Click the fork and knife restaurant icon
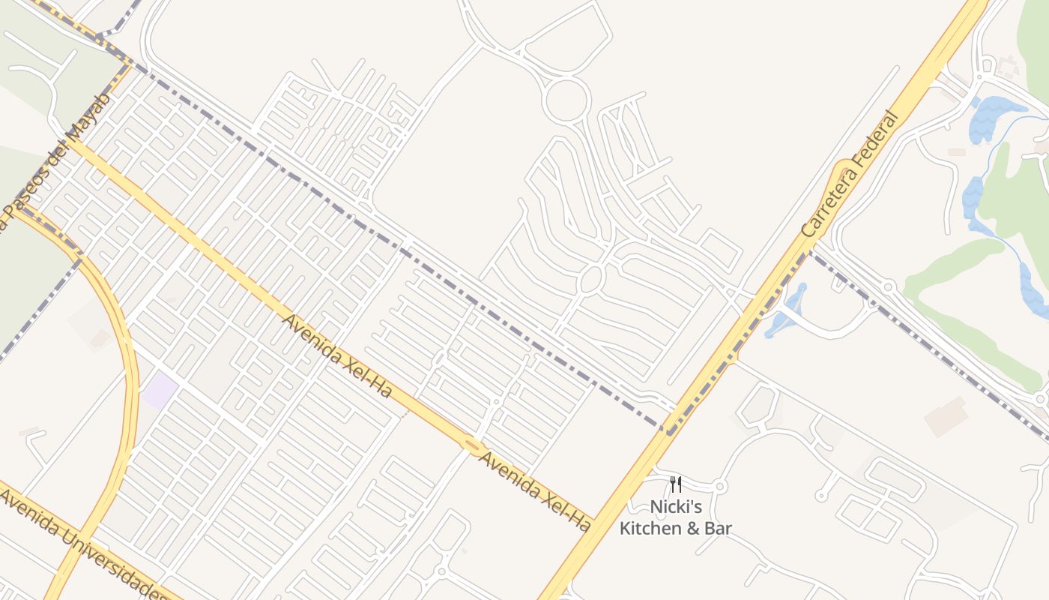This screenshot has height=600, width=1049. point(675,484)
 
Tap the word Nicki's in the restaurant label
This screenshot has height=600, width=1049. point(675,507)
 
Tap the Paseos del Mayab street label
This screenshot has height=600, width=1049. point(56,161)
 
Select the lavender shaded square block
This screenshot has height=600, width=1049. point(160,390)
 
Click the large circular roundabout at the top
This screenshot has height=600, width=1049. point(565,101)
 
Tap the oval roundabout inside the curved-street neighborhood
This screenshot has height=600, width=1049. point(591,279)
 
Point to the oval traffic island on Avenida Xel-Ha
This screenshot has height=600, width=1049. point(471,445)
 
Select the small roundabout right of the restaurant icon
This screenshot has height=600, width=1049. point(720,486)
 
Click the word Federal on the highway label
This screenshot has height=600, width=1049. point(873,139)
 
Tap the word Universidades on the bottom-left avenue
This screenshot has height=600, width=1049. point(112,564)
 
